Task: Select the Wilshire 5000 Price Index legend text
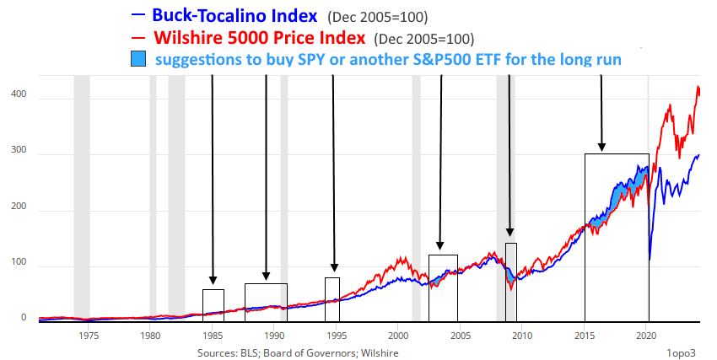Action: pyautogui.click(x=260, y=38)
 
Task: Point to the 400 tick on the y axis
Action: pyautogui.click(x=18, y=98)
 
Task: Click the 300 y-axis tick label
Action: pyautogui.click(x=18, y=154)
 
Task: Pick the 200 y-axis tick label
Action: pyautogui.click(x=18, y=211)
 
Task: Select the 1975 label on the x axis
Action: pyautogui.click(x=89, y=335)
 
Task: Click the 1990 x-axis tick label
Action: pyautogui.click(x=274, y=335)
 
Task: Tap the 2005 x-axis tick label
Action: pyautogui.click(x=460, y=335)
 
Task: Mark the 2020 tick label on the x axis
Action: pyautogui.click(x=646, y=335)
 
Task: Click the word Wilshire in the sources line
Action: pyautogui.click(x=379, y=352)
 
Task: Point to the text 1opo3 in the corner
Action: pyautogui.click(x=682, y=352)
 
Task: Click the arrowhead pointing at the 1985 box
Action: pyautogui.click(x=213, y=280)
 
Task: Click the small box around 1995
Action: pyautogui.click(x=332, y=299)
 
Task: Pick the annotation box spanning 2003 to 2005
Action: pyautogui.click(x=443, y=287)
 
